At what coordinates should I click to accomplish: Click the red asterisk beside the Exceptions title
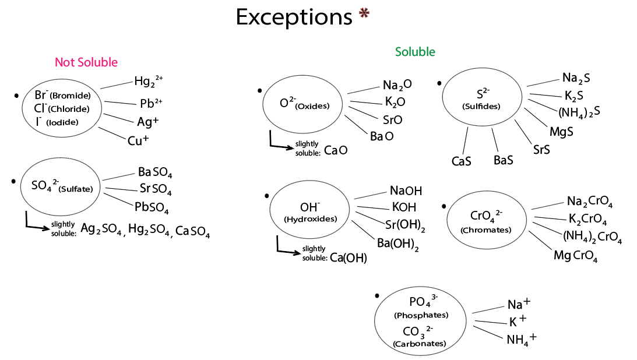pyautogui.click(x=364, y=15)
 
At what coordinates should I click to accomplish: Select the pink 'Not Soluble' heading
pyautogui.click(x=86, y=62)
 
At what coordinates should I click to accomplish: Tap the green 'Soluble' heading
pyautogui.click(x=415, y=52)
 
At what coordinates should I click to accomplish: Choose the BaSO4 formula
pyautogui.click(x=155, y=172)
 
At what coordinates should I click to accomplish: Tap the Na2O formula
pyautogui.click(x=397, y=85)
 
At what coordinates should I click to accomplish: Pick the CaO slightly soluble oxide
pyautogui.click(x=336, y=150)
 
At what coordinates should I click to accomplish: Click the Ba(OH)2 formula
pyautogui.click(x=397, y=243)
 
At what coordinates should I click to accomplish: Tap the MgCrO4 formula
pyautogui.click(x=576, y=256)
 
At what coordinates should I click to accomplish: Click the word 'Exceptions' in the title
pyautogui.click(x=294, y=17)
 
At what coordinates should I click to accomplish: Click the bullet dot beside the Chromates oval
pyautogui.click(x=444, y=206)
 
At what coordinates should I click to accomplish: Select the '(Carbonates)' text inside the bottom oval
pyautogui.click(x=420, y=344)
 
